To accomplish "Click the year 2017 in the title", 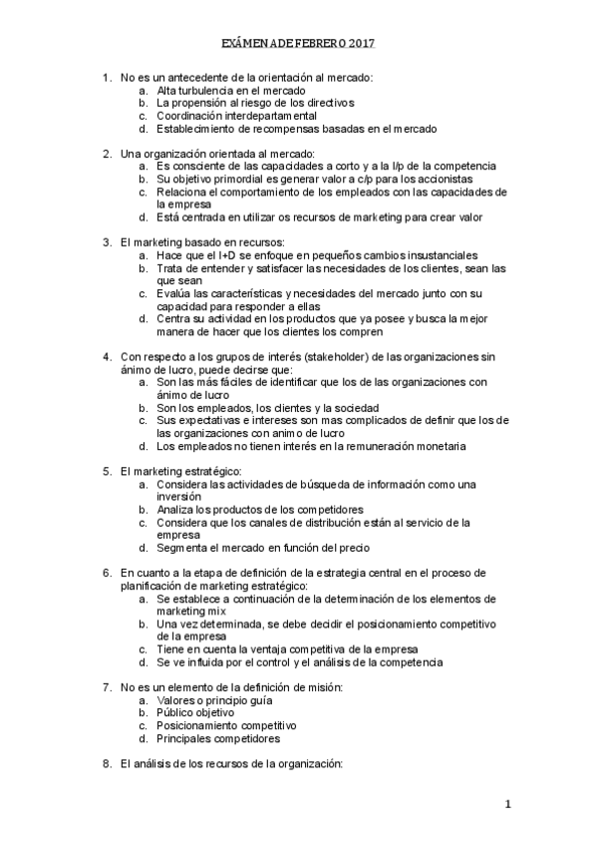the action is (362, 45).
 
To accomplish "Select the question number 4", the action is (107, 356).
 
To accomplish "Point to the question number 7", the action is (107, 687).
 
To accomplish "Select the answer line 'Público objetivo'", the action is (194, 713).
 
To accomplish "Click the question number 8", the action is (107, 764).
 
